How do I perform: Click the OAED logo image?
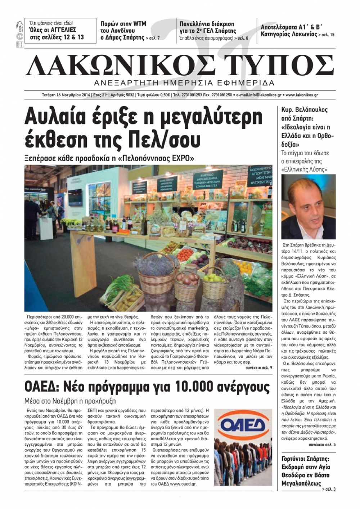click(x=243, y=427)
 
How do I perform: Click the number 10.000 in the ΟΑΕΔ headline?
click(x=195, y=387)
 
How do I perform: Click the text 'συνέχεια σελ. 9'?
click(x=258, y=368)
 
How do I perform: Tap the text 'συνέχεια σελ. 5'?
click(x=322, y=445)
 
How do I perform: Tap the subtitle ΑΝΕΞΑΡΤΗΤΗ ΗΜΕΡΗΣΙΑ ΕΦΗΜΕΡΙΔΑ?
click(x=184, y=82)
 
